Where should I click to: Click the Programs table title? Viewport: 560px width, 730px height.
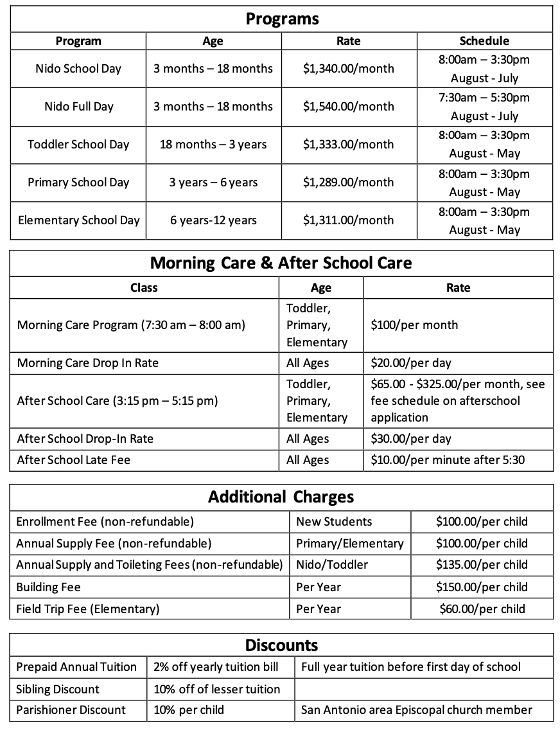coord(282,19)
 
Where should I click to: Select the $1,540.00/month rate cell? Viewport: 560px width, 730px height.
coord(349,107)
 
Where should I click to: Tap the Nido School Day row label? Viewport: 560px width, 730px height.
coord(78,69)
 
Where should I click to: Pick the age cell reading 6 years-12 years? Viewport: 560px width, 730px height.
coord(213,220)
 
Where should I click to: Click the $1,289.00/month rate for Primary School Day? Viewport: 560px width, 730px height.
coord(349,182)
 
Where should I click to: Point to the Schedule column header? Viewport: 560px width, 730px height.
coord(484,41)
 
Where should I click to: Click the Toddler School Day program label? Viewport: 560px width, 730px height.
coord(78,145)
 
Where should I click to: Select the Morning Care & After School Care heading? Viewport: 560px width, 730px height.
coord(281,263)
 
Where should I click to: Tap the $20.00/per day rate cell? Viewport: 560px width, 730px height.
coord(411,363)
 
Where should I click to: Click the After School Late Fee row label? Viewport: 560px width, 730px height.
coord(74,460)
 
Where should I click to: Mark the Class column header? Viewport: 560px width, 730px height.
coord(144,288)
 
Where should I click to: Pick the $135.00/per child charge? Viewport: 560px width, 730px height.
coord(482,565)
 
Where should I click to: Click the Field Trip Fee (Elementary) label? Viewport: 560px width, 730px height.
coord(88,609)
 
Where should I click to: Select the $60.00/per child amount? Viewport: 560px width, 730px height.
coord(482,609)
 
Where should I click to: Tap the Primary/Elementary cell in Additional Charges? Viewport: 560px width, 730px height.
coord(350,544)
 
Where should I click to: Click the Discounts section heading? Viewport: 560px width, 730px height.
coord(281,645)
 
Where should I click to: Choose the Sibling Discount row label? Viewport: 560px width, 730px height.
coord(58,690)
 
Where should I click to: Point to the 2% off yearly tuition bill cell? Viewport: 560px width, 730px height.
coord(216,667)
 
